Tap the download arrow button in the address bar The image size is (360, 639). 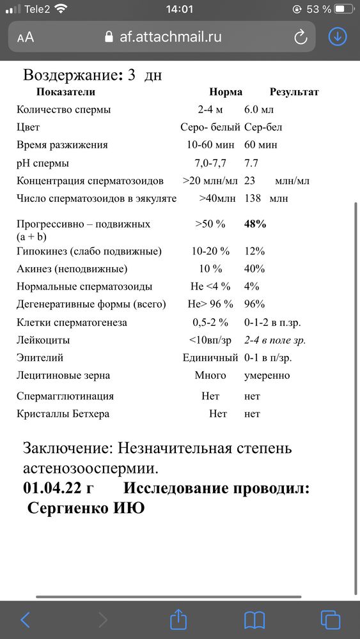337,36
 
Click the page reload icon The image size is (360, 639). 301,37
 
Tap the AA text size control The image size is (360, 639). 26,37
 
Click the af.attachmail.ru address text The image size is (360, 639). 171,36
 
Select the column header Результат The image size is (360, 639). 294,91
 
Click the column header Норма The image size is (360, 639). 226,91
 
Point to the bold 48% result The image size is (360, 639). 255,224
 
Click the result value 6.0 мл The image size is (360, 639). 260,109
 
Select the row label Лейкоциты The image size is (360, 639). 43,340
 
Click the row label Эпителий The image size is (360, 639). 40,358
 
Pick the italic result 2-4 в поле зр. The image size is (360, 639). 275,340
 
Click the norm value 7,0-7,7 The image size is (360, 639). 210,163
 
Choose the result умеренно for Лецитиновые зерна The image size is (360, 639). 267,375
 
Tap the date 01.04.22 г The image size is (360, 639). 58,489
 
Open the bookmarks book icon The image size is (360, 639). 254,619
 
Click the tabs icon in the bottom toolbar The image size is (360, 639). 331,619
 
